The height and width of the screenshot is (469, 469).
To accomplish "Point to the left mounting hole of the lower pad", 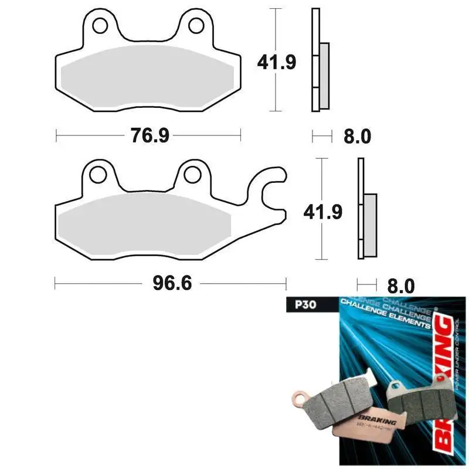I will (x=97, y=175).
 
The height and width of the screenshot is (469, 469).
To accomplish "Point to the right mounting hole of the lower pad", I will (x=191, y=175).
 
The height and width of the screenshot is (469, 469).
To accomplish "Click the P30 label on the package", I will (x=295, y=305).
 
